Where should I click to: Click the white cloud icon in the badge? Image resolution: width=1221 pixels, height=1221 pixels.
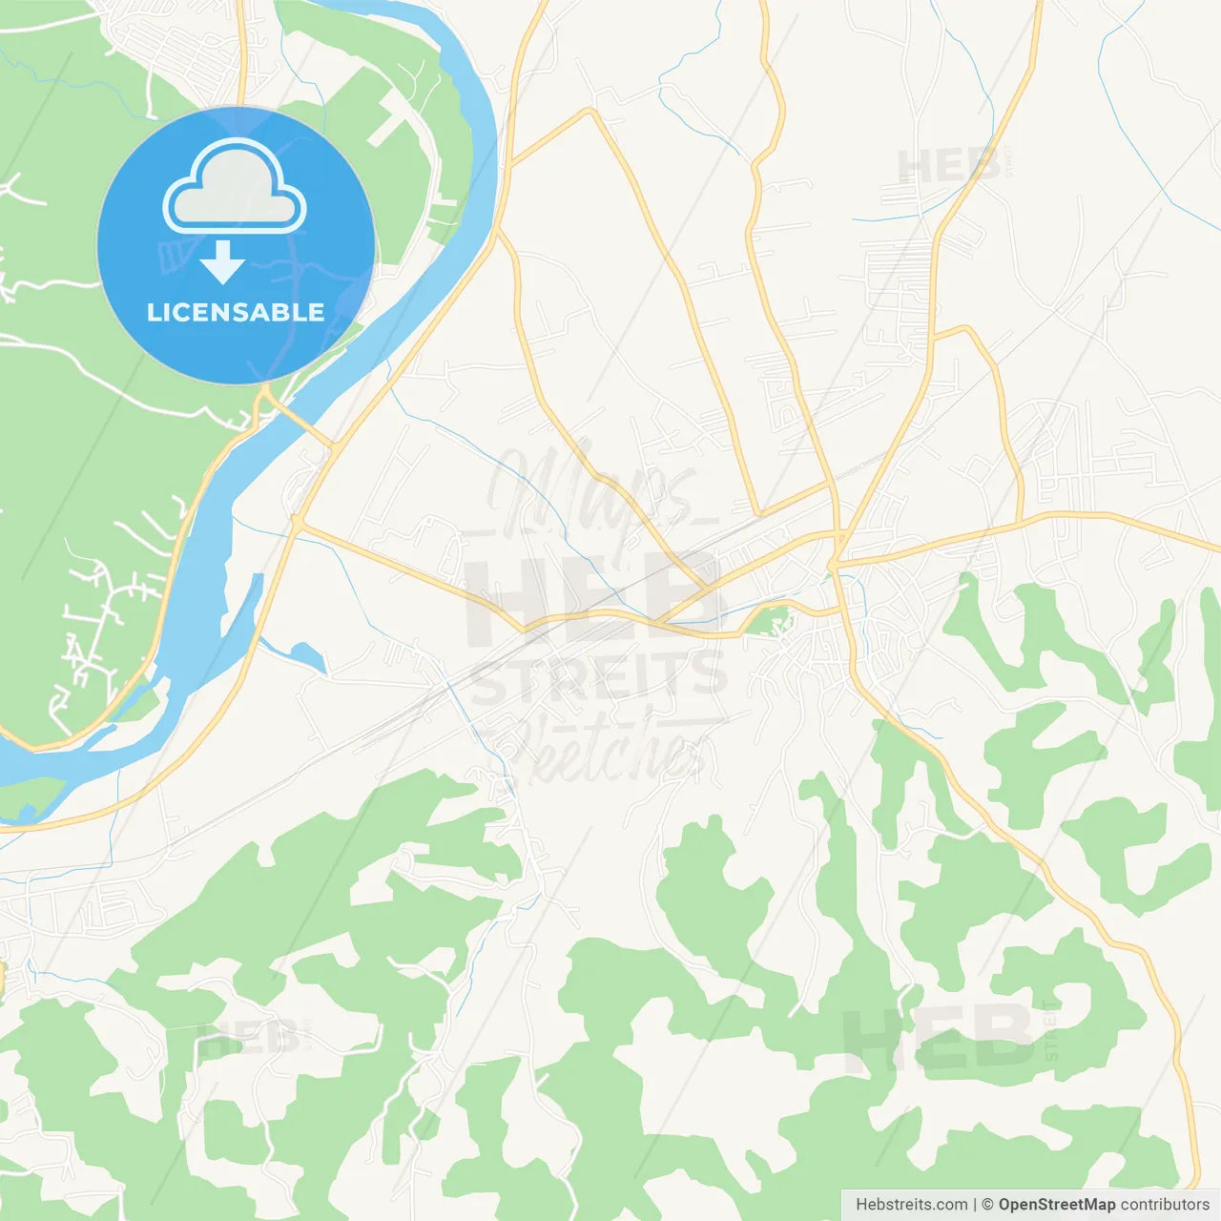pos(235,188)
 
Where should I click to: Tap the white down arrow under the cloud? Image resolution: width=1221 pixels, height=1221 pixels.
pos(222,262)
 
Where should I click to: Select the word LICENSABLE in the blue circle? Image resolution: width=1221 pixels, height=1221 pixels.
pos(236,312)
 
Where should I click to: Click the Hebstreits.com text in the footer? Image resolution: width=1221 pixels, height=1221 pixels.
pos(911,1205)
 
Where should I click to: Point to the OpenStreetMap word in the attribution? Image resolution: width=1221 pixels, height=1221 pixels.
pos(1056,1205)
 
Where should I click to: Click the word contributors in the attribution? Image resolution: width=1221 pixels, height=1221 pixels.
pos(1165,1205)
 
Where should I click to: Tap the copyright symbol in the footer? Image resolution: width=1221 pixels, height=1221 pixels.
pos(987,1205)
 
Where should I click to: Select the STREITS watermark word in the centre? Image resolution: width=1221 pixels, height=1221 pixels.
pos(599,675)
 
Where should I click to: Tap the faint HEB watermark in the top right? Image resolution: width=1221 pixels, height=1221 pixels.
pos(949,167)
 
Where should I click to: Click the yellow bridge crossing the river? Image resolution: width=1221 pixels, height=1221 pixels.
pos(300,424)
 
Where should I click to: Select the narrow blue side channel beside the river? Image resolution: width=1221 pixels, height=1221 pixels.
pos(243,610)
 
